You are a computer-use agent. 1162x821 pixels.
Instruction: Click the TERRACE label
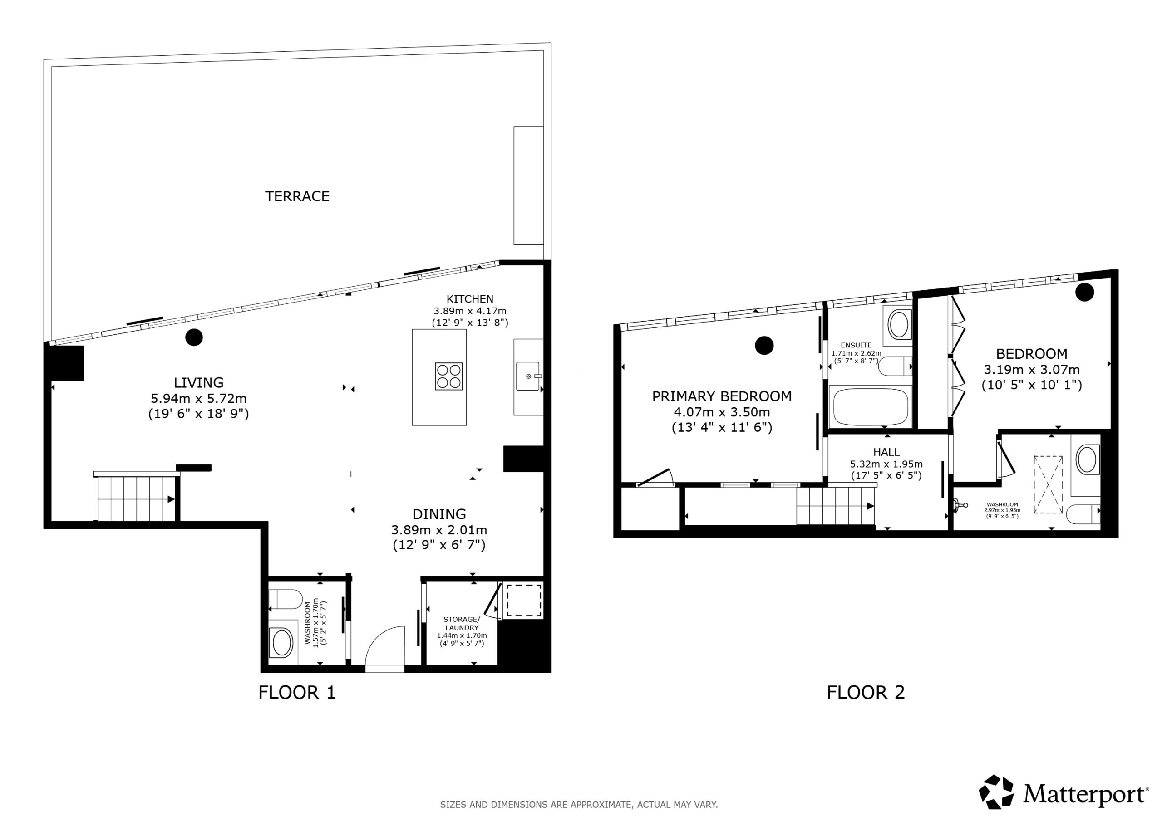click(x=297, y=196)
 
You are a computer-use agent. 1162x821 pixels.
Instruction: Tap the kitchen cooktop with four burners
click(x=448, y=376)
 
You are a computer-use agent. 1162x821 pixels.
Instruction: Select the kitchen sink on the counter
click(x=528, y=376)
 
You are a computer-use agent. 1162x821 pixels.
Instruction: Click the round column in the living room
click(x=194, y=337)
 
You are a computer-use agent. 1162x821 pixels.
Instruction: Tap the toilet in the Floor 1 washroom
click(x=286, y=600)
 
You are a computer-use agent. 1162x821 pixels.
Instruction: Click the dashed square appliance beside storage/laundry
click(x=524, y=601)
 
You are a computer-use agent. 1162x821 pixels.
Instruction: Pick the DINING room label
click(x=439, y=514)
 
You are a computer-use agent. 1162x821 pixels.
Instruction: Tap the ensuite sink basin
click(x=899, y=324)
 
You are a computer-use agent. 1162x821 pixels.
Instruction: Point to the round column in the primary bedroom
click(x=764, y=346)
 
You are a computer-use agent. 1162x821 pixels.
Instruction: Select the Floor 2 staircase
click(x=836, y=506)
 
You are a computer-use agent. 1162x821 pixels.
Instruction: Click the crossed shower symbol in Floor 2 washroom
click(x=1048, y=484)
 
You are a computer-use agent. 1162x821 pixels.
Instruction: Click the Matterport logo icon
click(x=996, y=792)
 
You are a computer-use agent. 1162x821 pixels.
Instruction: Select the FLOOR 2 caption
click(x=866, y=692)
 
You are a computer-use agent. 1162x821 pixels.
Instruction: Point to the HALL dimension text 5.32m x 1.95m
click(x=886, y=464)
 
